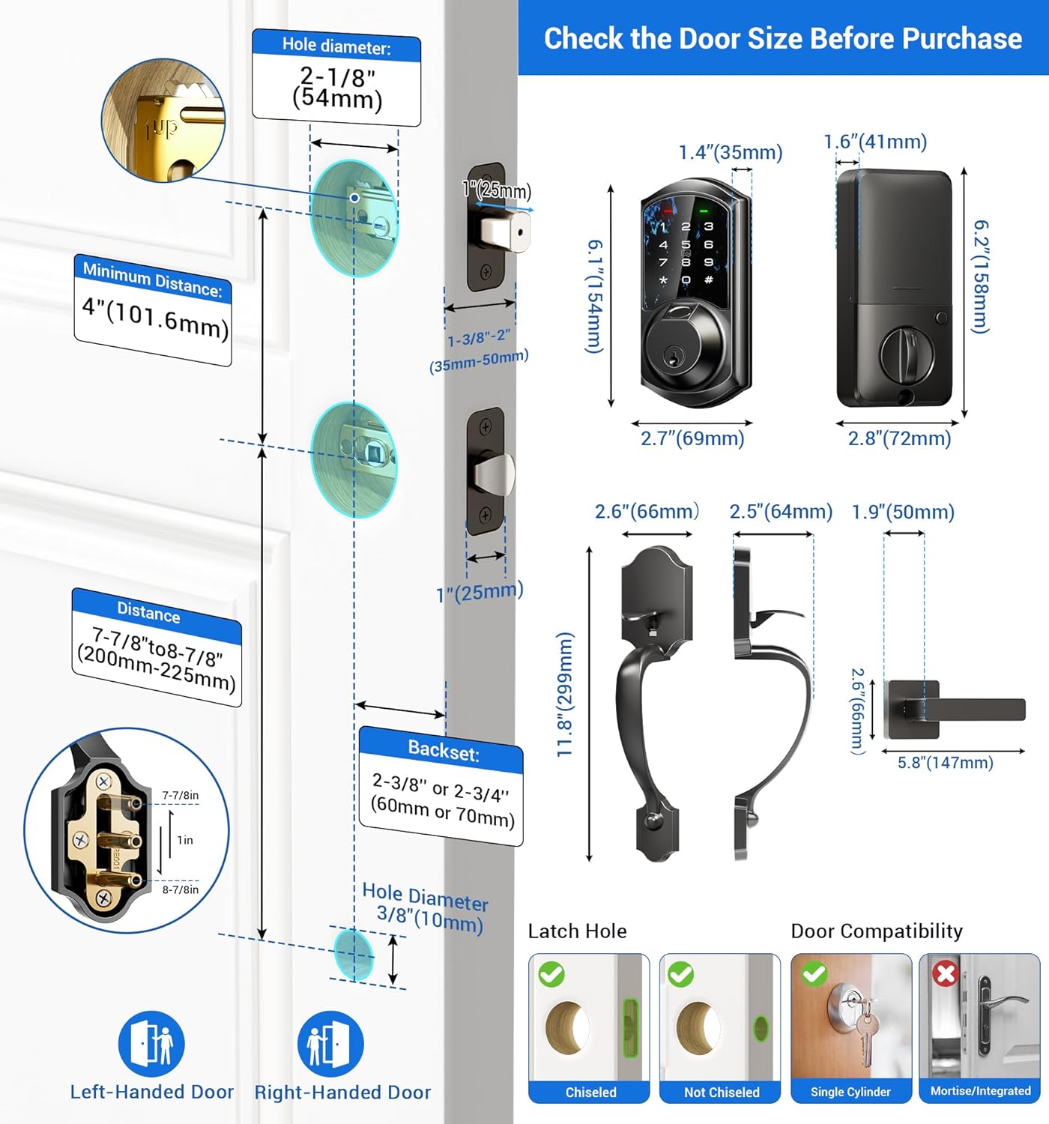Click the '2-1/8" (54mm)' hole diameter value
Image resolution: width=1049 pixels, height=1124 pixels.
337,88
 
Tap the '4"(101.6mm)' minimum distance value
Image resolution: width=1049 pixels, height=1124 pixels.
154,318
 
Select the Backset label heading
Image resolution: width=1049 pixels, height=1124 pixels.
443,750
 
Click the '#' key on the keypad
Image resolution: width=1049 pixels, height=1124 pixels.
708,280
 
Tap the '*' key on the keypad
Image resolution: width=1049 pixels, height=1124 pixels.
663,280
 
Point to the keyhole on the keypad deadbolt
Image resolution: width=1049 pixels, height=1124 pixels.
675,358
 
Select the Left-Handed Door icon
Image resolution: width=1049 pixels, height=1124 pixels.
151,1043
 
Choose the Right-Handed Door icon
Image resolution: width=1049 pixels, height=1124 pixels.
330,1043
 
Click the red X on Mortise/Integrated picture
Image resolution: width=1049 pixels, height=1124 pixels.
946,973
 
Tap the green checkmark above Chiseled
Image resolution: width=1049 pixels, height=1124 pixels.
551,974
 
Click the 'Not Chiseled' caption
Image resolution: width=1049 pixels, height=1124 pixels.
721,1093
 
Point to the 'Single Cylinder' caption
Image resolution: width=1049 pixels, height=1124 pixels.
850,1093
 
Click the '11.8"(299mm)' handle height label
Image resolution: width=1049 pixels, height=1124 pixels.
565,694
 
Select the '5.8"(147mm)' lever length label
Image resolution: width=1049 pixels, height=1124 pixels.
945,763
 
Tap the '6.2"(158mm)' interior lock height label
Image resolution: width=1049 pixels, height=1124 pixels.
981,277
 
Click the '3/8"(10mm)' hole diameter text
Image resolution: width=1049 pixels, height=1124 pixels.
429,916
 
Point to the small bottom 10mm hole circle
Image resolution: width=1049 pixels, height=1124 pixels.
353,954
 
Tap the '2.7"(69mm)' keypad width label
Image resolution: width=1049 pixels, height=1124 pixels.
692,438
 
